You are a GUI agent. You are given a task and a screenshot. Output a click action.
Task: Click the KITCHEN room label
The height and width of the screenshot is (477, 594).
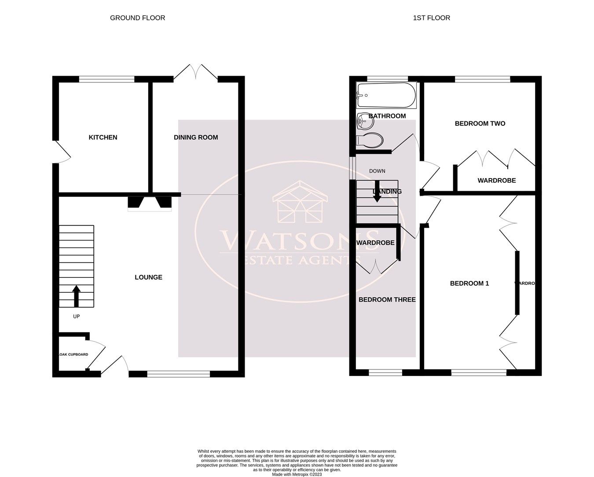[103, 138]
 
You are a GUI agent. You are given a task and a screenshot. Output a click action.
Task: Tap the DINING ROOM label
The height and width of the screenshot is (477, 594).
[196, 138]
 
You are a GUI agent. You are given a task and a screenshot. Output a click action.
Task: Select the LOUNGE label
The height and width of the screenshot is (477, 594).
[148, 277]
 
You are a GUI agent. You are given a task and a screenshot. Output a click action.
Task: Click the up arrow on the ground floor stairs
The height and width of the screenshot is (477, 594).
[76, 296]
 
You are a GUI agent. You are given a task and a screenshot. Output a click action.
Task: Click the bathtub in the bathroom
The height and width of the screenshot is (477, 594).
[386, 95]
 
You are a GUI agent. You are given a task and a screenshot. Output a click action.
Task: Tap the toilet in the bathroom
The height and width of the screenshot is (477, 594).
[370, 140]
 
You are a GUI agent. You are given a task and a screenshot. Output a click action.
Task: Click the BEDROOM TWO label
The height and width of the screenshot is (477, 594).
[480, 124]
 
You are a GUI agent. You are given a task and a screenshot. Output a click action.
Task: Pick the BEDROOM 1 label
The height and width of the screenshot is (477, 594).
[469, 284]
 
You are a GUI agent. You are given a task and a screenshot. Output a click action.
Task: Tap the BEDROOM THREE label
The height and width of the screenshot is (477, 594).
[387, 300]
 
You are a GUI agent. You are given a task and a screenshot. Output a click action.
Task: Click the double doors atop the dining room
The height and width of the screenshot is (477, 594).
[195, 73]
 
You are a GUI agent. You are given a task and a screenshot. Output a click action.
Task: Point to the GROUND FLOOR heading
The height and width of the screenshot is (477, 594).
[137, 18]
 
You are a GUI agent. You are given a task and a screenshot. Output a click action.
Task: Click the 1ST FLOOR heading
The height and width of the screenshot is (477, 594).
[431, 18]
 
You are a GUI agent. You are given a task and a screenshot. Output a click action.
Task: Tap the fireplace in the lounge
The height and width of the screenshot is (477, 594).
[150, 203]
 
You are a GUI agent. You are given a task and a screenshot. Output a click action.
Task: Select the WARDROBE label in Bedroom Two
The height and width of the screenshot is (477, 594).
[496, 181]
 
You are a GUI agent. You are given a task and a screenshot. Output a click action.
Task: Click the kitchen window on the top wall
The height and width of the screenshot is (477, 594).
[106, 80]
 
